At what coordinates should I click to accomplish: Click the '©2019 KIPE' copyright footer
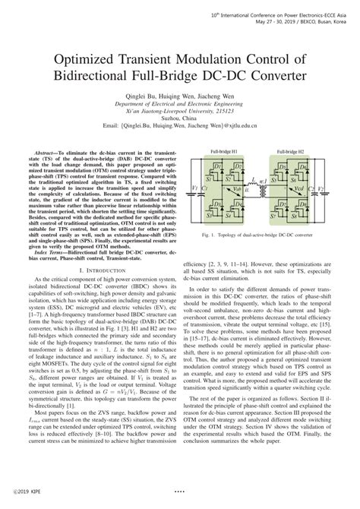pos(21,501)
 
